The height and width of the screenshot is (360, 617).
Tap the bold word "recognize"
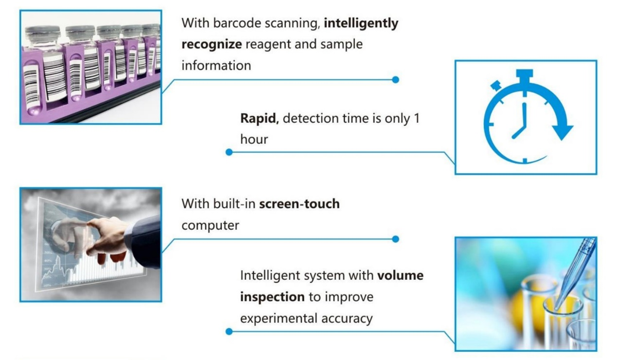click(212, 45)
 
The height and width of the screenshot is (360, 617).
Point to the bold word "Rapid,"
click(260, 119)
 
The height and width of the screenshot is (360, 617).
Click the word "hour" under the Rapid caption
click(254, 139)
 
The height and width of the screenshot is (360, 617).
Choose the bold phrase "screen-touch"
click(300, 204)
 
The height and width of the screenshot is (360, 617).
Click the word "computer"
click(210, 226)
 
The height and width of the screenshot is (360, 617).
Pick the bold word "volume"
click(400, 276)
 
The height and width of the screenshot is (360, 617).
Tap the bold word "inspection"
click(272, 297)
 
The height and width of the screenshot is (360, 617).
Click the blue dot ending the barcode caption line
click(396, 80)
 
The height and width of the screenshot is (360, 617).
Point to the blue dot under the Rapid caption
click(229, 152)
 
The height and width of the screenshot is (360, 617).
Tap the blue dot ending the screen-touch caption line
click(396, 239)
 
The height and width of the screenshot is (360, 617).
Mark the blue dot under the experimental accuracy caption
click(229, 332)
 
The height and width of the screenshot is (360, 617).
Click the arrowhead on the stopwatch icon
click(562, 132)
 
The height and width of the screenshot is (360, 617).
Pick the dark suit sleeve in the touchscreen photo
click(143, 243)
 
